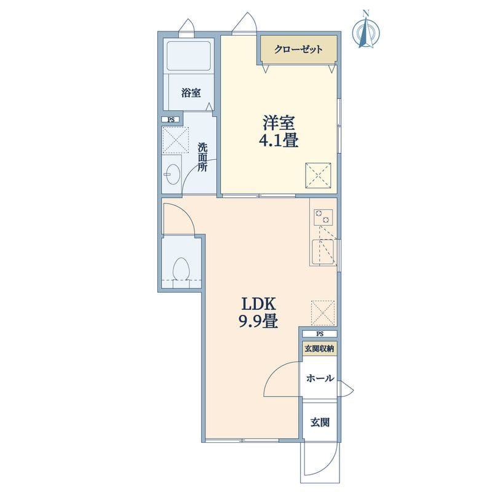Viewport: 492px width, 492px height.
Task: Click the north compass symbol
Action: (x=366, y=30)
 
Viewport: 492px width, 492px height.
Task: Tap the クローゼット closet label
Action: (x=298, y=50)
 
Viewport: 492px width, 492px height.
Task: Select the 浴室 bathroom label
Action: (x=191, y=93)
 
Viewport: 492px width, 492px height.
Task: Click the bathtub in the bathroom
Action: (x=188, y=56)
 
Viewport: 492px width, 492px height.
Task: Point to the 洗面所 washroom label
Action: (x=202, y=157)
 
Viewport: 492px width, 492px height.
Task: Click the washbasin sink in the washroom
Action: (x=172, y=174)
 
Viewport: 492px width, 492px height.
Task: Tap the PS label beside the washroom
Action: (x=171, y=119)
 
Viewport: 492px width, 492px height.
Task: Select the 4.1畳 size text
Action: (x=279, y=140)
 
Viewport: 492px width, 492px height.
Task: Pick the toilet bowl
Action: (x=181, y=269)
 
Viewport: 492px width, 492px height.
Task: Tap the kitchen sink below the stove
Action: (x=323, y=253)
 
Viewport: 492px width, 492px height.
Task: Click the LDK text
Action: (x=258, y=304)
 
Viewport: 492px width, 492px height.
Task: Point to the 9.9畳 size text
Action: (x=258, y=321)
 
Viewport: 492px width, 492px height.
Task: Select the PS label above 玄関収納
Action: (x=320, y=334)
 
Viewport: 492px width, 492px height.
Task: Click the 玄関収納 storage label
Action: (x=320, y=349)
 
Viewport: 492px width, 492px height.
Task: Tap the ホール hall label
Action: (x=320, y=378)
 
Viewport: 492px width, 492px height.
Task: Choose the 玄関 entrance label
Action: (x=320, y=423)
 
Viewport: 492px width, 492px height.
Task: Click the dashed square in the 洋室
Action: (x=318, y=175)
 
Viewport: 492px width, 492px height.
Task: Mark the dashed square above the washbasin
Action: (x=176, y=140)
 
